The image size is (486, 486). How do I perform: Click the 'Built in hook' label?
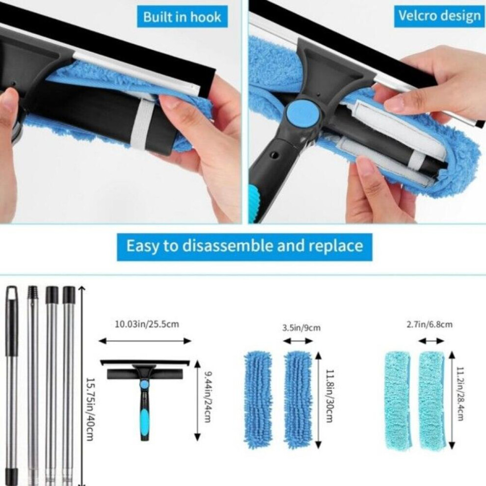pos(182,17)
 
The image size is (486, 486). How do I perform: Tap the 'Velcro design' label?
pos(439,16)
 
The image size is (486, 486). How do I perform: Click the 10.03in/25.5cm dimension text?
pos(147,324)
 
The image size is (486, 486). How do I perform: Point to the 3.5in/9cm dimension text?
pos(301,327)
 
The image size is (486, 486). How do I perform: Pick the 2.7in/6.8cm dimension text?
pos(429,324)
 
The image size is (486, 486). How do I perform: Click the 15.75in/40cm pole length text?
pos(90,409)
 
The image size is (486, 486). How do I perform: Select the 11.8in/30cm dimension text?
pos(330,396)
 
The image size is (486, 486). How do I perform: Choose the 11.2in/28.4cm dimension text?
pos(460,394)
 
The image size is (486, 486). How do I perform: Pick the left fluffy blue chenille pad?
pos(258,399)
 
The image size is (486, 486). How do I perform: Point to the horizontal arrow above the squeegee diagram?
pos(145,341)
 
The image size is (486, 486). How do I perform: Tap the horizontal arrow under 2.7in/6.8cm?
pos(431,341)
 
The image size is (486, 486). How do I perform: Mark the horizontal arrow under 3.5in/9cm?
pos(298,341)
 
